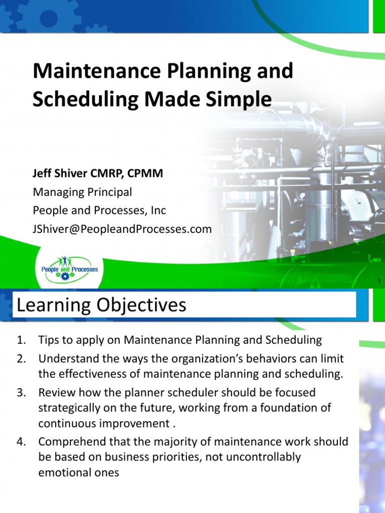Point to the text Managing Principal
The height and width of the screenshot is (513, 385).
pyautogui.click(x=82, y=192)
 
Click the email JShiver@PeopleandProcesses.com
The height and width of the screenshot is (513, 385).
pyautogui.click(x=122, y=229)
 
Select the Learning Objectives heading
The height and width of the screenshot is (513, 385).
pyautogui.click(x=102, y=305)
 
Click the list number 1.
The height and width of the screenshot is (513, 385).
pyautogui.click(x=21, y=341)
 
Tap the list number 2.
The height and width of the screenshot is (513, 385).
pyautogui.click(x=21, y=359)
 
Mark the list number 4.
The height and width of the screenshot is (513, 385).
pyautogui.click(x=21, y=442)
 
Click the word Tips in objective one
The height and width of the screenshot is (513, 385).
pyautogui.click(x=49, y=341)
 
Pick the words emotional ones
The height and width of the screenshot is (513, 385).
pyautogui.click(x=79, y=472)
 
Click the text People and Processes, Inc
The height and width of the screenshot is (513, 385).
pyautogui.click(x=99, y=210)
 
